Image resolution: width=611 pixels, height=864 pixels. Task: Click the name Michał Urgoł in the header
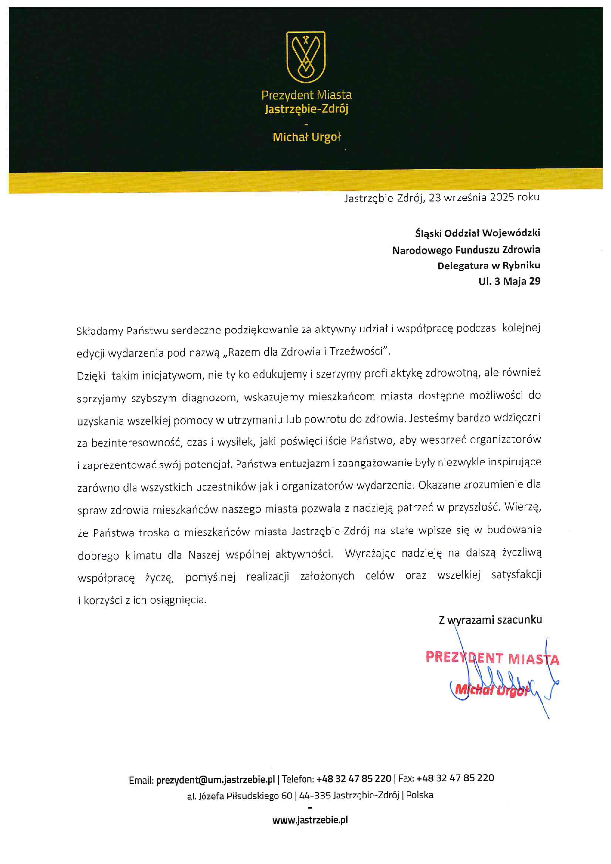point(306,137)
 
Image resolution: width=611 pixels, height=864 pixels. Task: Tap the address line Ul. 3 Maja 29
point(509,281)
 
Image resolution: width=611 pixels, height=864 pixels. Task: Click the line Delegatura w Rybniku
point(488,266)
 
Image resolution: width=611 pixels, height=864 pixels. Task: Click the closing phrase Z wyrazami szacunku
point(490,620)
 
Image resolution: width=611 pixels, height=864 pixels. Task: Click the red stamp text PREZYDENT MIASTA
point(492,658)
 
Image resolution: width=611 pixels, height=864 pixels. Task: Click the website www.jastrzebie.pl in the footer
point(310,820)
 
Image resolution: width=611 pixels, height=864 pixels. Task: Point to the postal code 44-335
point(314,795)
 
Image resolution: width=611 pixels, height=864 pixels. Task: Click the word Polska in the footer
point(419,795)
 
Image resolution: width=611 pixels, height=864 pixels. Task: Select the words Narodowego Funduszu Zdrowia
point(466,250)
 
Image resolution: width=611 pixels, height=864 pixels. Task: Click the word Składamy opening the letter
point(100,331)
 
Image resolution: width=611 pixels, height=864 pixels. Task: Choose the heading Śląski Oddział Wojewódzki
point(477,233)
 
